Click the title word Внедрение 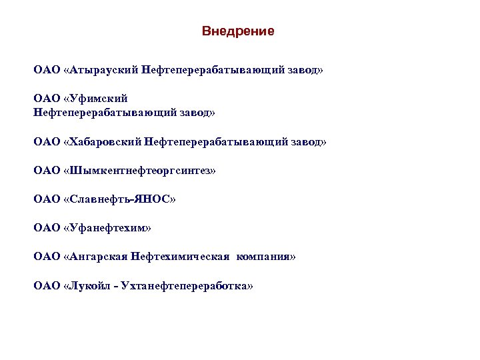[x=238, y=31]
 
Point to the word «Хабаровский [x=107, y=142]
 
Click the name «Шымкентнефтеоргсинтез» [x=140, y=171]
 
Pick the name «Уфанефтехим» [x=107, y=228]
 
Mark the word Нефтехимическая [x=181, y=257]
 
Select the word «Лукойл [x=89, y=285]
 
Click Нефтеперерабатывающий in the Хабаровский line [x=218, y=142]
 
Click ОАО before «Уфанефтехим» [x=46, y=228]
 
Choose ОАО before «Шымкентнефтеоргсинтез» [x=46, y=171]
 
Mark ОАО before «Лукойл [x=46, y=285]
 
